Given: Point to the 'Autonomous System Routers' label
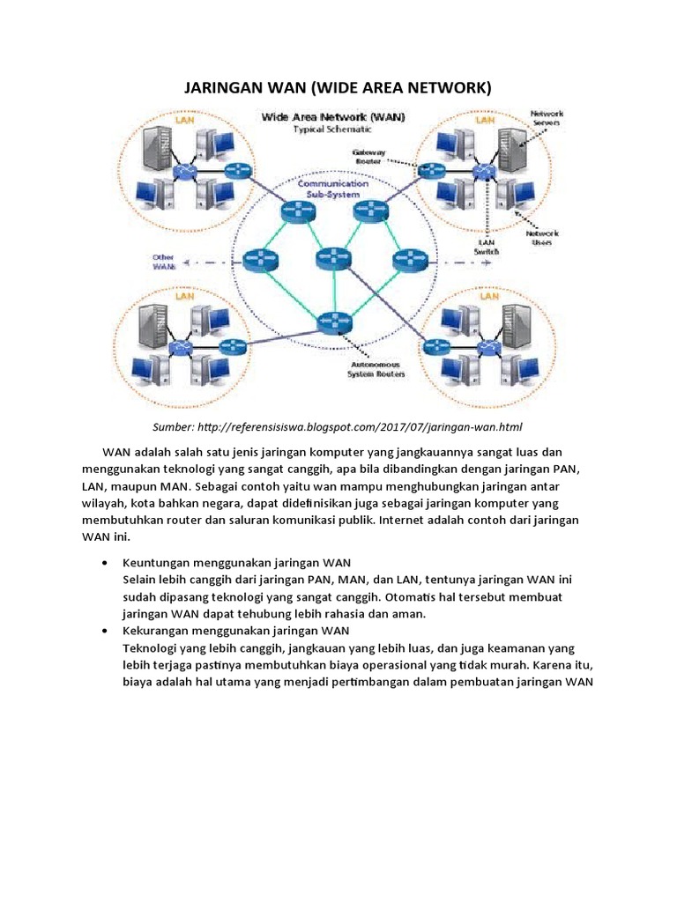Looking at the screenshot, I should [x=377, y=368].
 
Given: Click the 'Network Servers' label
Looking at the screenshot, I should [x=547, y=119].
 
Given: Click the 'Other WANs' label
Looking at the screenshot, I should [x=164, y=261].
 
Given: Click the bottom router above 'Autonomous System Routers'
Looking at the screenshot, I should [x=336, y=322].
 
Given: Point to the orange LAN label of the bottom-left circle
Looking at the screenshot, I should [x=184, y=297].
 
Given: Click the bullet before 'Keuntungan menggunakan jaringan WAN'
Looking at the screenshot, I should [x=106, y=562].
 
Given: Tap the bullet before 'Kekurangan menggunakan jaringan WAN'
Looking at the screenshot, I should [x=106, y=632].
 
